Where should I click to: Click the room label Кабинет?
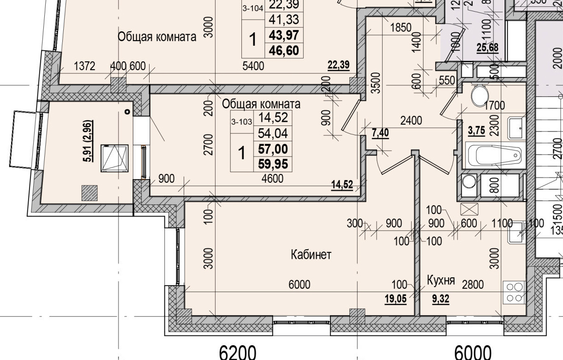[x=311, y=255]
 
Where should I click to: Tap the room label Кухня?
[x=441, y=281]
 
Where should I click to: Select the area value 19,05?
[x=395, y=299]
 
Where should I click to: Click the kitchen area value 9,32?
[x=440, y=299]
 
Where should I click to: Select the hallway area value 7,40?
[x=380, y=133]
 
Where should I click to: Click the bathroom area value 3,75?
[x=476, y=131]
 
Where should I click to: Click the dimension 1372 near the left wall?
[x=84, y=66]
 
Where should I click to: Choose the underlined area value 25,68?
[x=488, y=48]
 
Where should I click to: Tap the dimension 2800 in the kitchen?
[x=473, y=285]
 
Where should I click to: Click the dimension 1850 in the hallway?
[x=400, y=28]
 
